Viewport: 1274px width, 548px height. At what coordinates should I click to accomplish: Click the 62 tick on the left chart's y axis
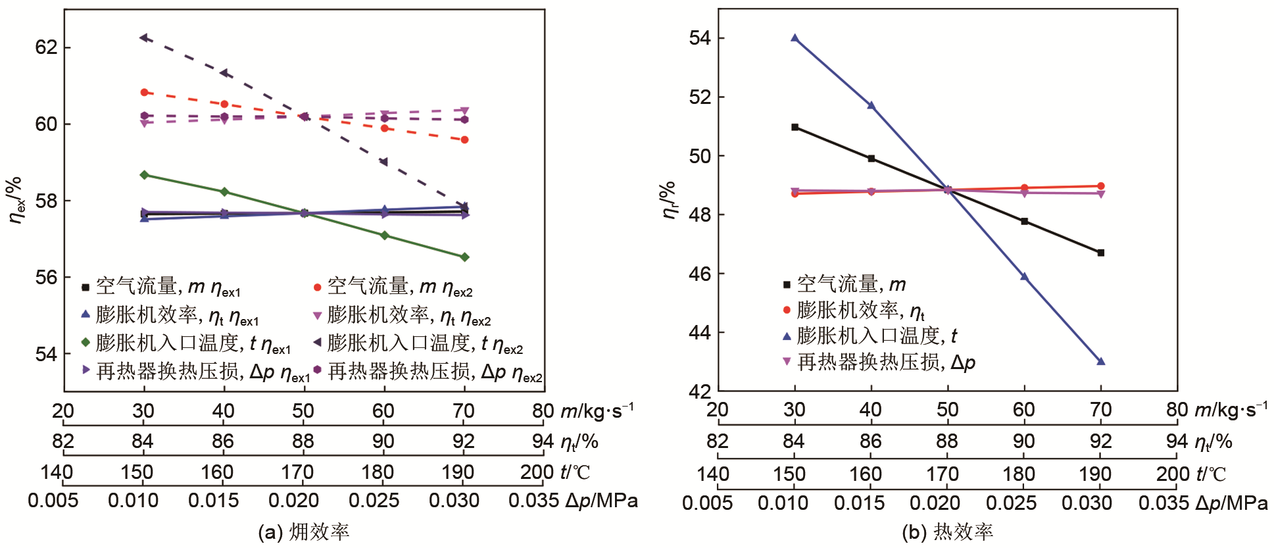pos(47,47)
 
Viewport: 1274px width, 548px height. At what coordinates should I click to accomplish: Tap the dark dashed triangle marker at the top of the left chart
pos(144,37)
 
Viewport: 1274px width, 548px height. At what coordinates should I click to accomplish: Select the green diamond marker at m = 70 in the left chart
pos(464,257)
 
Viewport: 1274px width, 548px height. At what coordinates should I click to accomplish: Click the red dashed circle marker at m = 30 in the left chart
pos(144,93)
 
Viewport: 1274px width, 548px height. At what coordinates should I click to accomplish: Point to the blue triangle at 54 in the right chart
pos(795,38)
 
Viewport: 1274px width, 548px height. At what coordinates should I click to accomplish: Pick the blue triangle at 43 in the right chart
pos(1101,361)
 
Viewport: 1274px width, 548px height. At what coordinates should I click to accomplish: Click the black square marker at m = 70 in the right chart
pos(1101,253)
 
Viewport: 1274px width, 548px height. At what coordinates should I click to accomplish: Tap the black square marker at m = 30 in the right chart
pos(795,127)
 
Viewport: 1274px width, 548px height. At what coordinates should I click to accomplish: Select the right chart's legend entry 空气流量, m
pos(845,284)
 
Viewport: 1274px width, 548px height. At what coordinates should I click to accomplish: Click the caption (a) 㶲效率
pos(303,532)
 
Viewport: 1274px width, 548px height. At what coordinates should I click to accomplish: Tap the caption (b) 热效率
pos(947,532)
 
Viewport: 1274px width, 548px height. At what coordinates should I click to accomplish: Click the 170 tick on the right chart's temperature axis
pos(943,474)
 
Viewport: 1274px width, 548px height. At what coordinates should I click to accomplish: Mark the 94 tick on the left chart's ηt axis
pos(543,441)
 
